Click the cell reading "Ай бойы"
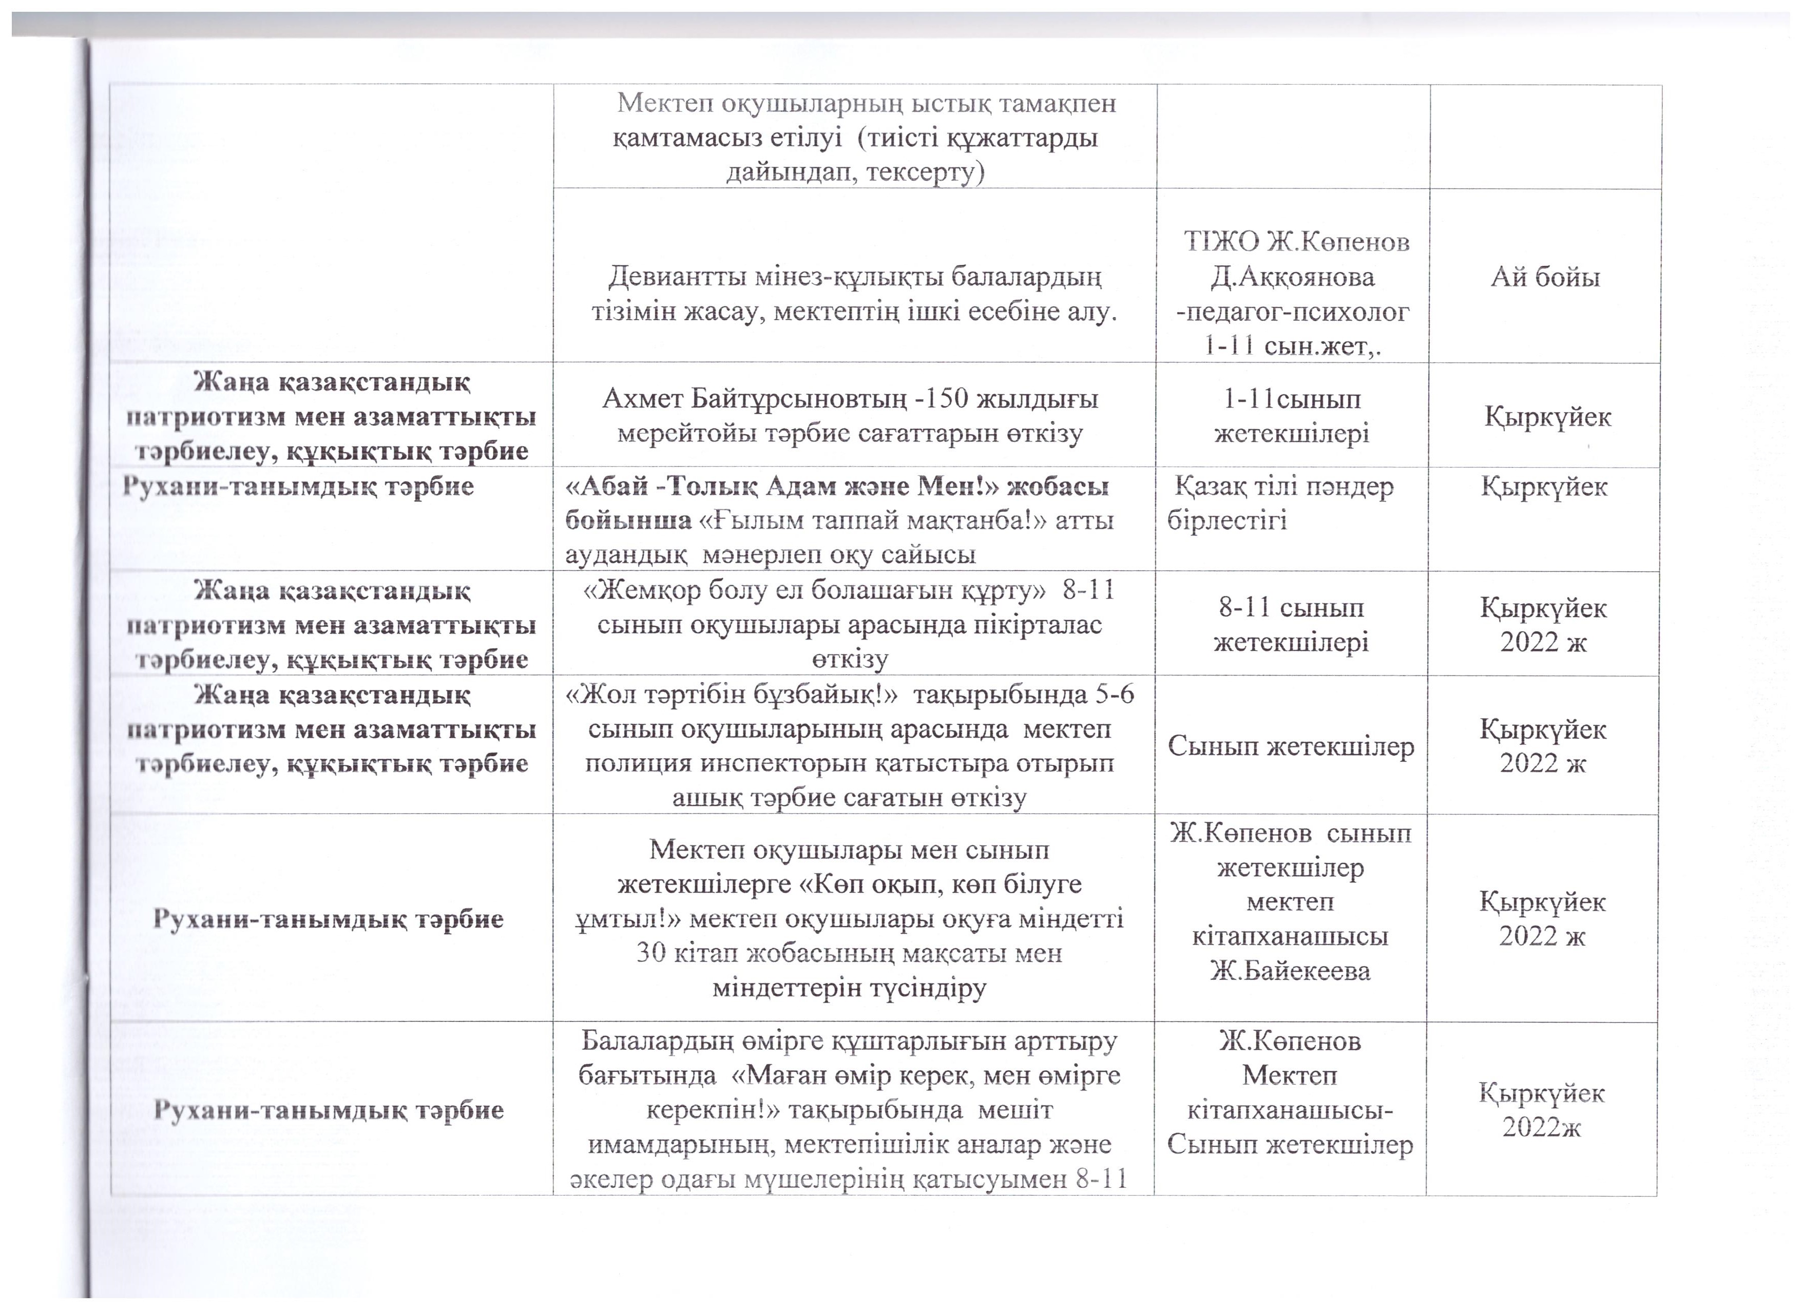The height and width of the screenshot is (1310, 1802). pos(1545,277)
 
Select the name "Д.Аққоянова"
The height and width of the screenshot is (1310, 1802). pos(1291,277)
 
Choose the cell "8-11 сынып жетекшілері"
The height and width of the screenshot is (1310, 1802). pos(1291,624)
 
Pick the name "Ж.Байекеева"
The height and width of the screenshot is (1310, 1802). pos(1290,970)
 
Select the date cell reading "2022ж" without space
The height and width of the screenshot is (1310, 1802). pos(1541,1127)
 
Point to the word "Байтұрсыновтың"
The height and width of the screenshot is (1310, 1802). pos(798,399)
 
